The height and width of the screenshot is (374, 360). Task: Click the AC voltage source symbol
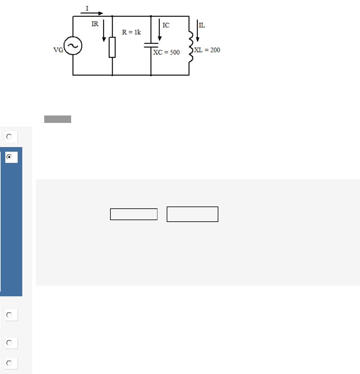[73, 46]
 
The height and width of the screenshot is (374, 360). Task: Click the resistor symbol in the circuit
[112, 47]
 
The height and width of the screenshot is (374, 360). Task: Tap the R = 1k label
[131, 32]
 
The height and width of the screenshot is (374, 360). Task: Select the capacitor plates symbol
[151, 45]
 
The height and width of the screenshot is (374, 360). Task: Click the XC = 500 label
[166, 52]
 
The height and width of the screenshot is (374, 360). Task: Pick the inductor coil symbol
[191, 46]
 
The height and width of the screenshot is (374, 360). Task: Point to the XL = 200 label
[207, 50]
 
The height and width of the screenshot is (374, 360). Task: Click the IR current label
[95, 24]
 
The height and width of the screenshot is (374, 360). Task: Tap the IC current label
[166, 25]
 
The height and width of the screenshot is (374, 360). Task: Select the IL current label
[202, 25]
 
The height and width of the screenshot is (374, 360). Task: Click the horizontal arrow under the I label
[92, 13]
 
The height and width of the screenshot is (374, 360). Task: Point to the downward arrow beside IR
[104, 31]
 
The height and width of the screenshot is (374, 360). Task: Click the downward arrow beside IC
[160, 30]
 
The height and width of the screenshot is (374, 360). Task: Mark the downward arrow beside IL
[198, 31]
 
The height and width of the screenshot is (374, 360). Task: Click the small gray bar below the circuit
[58, 119]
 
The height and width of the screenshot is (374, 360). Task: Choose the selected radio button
[9, 157]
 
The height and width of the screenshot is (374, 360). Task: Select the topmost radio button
[9, 137]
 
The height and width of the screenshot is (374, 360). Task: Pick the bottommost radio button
[9, 363]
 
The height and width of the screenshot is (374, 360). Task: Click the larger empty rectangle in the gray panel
[192, 214]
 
